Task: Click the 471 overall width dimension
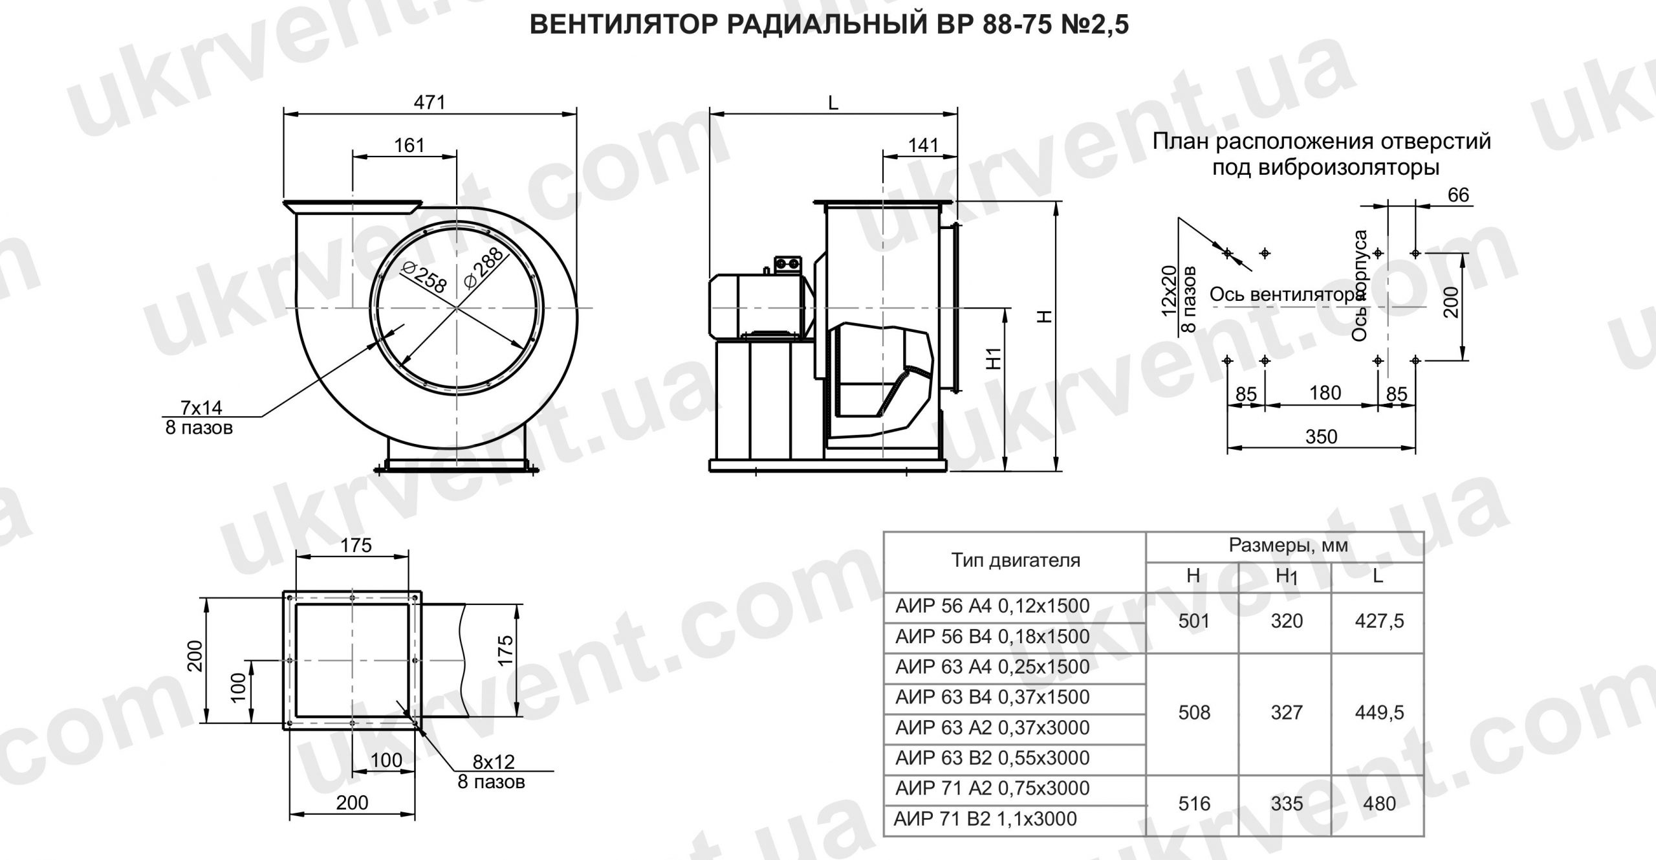tap(430, 102)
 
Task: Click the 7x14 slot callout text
tap(201, 407)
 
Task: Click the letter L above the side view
tap(833, 102)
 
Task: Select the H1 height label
tap(995, 358)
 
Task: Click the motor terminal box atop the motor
tap(788, 263)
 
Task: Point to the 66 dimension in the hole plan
tap(1458, 195)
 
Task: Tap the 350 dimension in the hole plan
tap(1320, 437)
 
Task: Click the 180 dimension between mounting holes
tap(1324, 393)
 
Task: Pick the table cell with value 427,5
tap(1379, 621)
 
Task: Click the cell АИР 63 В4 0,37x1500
tap(992, 697)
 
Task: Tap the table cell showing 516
tap(1193, 804)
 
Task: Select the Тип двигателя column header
tap(1015, 560)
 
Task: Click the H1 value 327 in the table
tap(1286, 712)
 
